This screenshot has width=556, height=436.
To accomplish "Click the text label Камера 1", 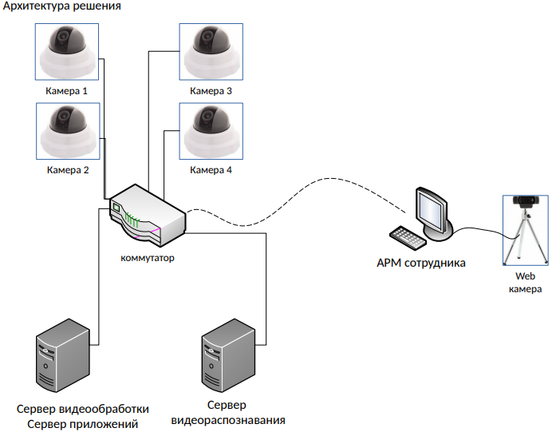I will pyautogui.click(x=67, y=91).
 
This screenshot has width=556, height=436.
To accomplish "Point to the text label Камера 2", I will pyautogui.click(x=67, y=170).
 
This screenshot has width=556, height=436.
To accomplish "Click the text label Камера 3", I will pyautogui.click(x=211, y=91).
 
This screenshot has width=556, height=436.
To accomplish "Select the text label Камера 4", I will pyautogui.click(x=211, y=170).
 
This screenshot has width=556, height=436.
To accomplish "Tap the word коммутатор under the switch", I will pyautogui.click(x=148, y=258).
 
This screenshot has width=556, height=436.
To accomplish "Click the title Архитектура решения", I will pyautogui.click(x=62, y=7).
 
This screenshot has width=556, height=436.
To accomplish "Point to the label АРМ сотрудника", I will pyautogui.click(x=421, y=262).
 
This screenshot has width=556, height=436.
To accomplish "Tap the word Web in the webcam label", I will pyautogui.click(x=525, y=276).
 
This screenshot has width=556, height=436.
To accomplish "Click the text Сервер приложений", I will pyautogui.click(x=83, y=423).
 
